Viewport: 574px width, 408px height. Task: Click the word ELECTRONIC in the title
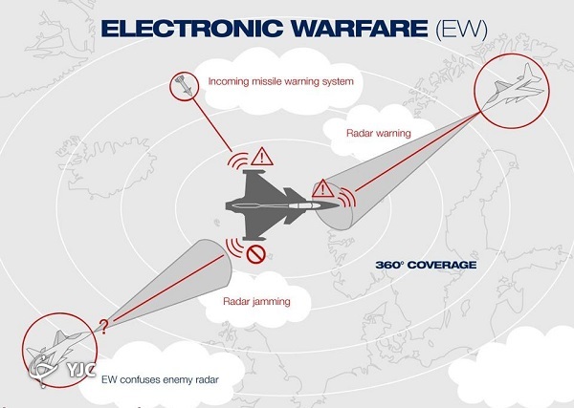pyautogui.click(x=192, y=29)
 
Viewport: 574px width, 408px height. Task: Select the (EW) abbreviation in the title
pyautogui.click(x=461, y=30)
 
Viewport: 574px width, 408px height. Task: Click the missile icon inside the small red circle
pyautogui.click(x=184, y=86)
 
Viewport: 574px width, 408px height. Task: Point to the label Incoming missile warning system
pyautogui.click(x=280, y=81)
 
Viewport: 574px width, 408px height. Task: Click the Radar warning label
pyautogui.click(x=379, y=133)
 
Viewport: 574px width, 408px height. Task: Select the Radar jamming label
pyautogui.click(x=256, y=302)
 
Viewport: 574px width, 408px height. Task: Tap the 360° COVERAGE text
pyautogui.click(x=426, y=265)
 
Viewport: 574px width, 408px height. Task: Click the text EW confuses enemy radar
pyautogui.click(x=160, y=379)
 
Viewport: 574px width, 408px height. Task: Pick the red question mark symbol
pyautogui.click(x=104, y=327)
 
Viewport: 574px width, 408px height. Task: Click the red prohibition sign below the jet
pyautogui.click(x=255, y=254)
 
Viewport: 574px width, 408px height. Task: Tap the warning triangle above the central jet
pyautogui.click(x=262, y=157)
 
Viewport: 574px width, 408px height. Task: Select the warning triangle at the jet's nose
pyautogui.click(x=322, y=188)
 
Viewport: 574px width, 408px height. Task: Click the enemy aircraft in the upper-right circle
pyautogui.click(x=515, y=88)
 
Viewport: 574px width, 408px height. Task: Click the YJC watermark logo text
pyautogui.click(x=81, y=370)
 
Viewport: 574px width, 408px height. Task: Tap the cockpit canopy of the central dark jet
pyautogui.click(x=302, y=206)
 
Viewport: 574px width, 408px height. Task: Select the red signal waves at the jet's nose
pyautogui.click(x=346, y=198)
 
